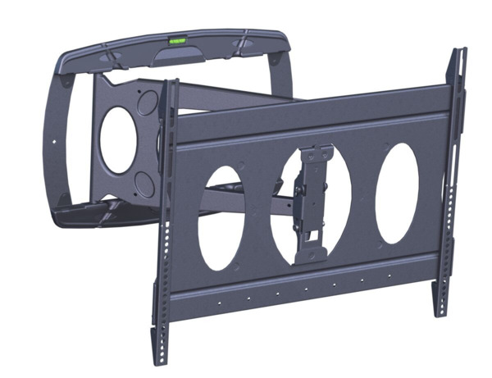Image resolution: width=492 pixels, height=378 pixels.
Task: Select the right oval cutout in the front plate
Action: click(x=397, y=193)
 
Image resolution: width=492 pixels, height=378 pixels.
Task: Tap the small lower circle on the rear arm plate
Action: click(x=144, y=182)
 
